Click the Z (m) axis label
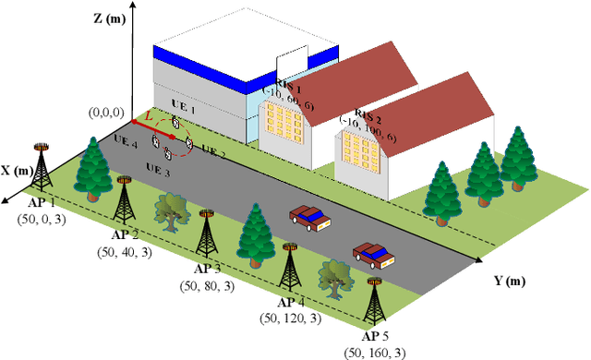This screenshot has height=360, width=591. [111, 18]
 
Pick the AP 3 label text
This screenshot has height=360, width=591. [207, 269]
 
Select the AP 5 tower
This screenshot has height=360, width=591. [373, 305]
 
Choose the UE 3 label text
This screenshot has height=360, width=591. [159, 171]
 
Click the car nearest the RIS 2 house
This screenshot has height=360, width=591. [309, 217]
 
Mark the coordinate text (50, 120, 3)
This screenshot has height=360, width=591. [290, 318]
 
